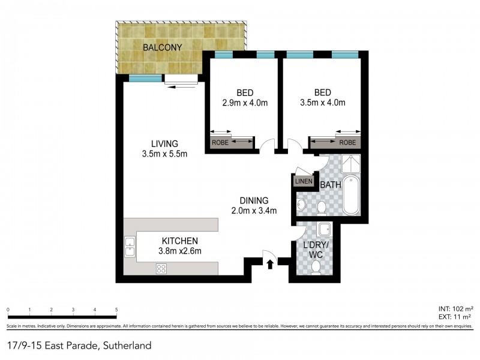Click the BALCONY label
(x=161, y=47)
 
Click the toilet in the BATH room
(x=322, y=208)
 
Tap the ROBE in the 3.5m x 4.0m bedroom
(x=347, y=143)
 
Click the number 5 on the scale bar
(x=116, y=310)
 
